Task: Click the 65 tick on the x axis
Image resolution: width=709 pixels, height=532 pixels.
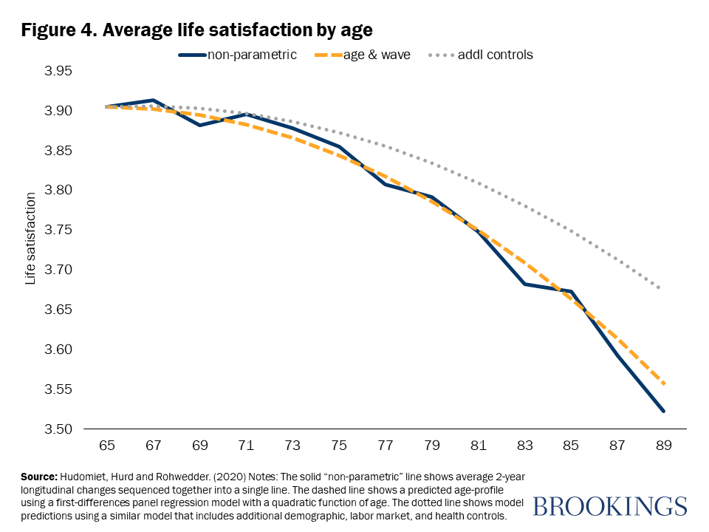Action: pyautogui.click(x=108, y=446)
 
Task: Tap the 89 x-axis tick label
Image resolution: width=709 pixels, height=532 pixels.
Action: pyautogui.click(x=663, y=446)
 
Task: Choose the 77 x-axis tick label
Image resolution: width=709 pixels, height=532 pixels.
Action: pyautogui.click(x=386, y=446)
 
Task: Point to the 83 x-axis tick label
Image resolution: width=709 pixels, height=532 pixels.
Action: pyautogui.click(x=524, y=446)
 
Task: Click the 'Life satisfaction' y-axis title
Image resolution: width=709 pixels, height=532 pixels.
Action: pyautogui.click(x=31, y=239)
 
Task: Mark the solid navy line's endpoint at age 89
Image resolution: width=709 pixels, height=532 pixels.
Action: pyautogui.click(x=663, y=411)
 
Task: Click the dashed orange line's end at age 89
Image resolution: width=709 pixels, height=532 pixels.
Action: pyautogui.click(x=663, y=383)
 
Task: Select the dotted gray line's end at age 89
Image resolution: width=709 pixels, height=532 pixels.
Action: pyautogui.click(x=659, y=287)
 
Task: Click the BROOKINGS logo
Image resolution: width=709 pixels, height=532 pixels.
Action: pyautogui.click(x=609, y=506)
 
